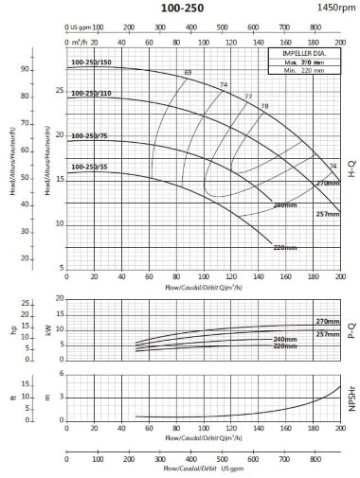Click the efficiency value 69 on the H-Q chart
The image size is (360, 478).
pos(188,73)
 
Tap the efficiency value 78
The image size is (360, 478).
pos(264,105)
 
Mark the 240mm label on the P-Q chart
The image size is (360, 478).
pos(285,339)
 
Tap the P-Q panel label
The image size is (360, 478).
pos(351,331)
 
